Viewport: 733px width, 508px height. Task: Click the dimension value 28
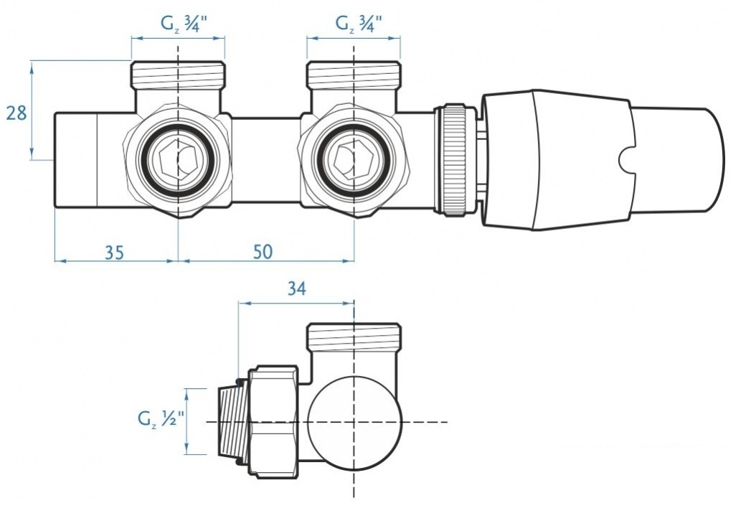(x=16, y=113)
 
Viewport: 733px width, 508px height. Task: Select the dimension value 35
(x=115, y=252)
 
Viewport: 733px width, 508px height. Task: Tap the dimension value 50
(x=263, y=252)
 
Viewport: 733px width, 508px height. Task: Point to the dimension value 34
(x=296, y=289)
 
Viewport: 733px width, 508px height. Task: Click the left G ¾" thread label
(x=179, y=23)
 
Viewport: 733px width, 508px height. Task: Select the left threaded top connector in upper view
(x=178, y=72)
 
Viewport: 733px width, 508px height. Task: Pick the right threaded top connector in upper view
(x=354, y=72)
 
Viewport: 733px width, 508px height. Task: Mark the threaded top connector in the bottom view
(x=354, y=336)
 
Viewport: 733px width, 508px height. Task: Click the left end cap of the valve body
(x=75, y=159)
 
